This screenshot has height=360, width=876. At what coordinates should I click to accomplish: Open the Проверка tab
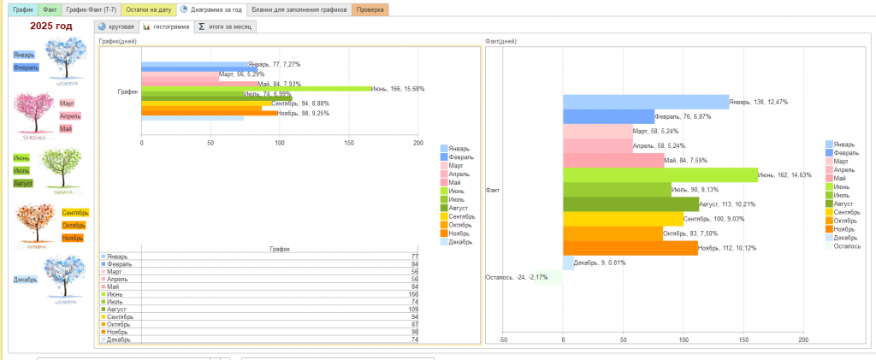click(370, 9)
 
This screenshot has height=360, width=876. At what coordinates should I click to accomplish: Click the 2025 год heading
click(51, 27)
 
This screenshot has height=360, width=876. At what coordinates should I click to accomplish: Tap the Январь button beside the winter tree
click(24, 54)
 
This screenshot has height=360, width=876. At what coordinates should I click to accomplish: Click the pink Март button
click(67, 103)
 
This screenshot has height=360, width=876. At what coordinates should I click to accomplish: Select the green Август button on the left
click(23, 183)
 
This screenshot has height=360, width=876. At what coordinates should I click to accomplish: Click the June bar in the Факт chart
click(659, 174)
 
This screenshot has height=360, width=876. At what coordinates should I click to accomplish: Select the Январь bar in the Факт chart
click(645, 102)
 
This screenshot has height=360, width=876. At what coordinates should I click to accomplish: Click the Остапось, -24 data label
click(516, 277)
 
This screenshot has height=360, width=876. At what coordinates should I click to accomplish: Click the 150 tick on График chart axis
click(349, 143)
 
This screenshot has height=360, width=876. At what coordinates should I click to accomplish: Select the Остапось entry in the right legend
click(847, 245)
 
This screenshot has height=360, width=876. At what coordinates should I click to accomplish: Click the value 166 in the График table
click(412, 293)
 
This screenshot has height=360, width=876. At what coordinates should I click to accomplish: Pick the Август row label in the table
click(118, 309)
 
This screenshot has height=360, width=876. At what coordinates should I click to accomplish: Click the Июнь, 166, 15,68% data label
click(398, 89)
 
